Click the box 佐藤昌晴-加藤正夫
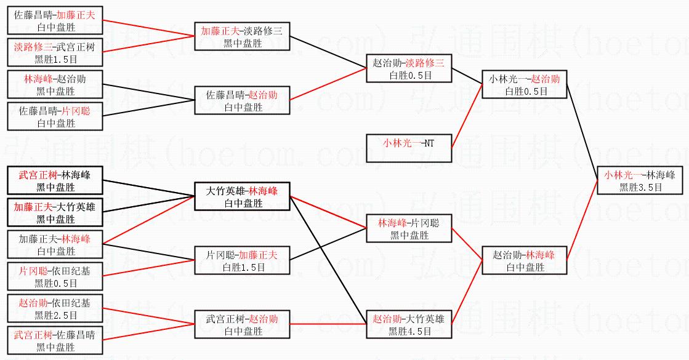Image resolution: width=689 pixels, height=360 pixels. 55,20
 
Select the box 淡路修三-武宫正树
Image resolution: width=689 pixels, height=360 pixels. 55,52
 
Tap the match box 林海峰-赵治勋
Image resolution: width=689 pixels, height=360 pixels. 55,84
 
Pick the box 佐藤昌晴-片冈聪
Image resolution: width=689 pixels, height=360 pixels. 55,116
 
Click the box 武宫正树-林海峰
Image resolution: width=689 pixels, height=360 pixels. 55,180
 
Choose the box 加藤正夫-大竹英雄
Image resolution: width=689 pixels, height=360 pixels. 55,212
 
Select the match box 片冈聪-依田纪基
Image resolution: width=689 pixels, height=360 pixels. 55,276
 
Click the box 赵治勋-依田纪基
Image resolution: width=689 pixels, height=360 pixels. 55,308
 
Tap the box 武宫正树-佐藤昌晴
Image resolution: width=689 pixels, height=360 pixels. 55,340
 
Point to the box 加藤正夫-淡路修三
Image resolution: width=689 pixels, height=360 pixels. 242,36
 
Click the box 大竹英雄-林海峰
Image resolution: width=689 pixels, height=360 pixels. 242,196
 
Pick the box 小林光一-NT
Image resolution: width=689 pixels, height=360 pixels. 408,148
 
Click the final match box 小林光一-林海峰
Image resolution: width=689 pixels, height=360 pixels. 640,180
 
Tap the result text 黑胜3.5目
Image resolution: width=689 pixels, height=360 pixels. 640,187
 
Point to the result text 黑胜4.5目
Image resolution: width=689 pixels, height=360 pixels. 409,331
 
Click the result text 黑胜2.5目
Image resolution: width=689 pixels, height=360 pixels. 55,315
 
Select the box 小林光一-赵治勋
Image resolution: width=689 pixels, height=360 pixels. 525,84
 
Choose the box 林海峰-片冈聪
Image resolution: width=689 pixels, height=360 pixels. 409,228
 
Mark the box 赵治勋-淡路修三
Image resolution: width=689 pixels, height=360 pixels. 409,68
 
